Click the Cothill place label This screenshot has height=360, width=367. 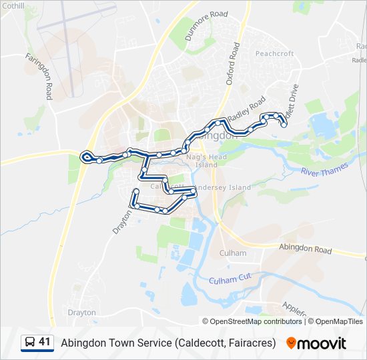[x=13, y=6]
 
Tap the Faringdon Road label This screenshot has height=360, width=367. [x=39, y=77]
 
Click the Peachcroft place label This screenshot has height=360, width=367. [x=274, y=53]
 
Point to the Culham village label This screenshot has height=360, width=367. [x=233, y=253]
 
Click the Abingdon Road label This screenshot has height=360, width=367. [x=304, y=250]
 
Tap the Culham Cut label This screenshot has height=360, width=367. [x=228, y=281]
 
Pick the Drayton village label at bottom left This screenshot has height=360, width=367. [x=81, y=312]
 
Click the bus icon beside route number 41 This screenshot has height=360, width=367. [x=30, y=343]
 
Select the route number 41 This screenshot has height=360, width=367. [x=45, y=343]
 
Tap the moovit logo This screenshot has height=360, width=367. [x=316, y=343]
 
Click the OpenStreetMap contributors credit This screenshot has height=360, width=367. [x=256, y=321]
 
